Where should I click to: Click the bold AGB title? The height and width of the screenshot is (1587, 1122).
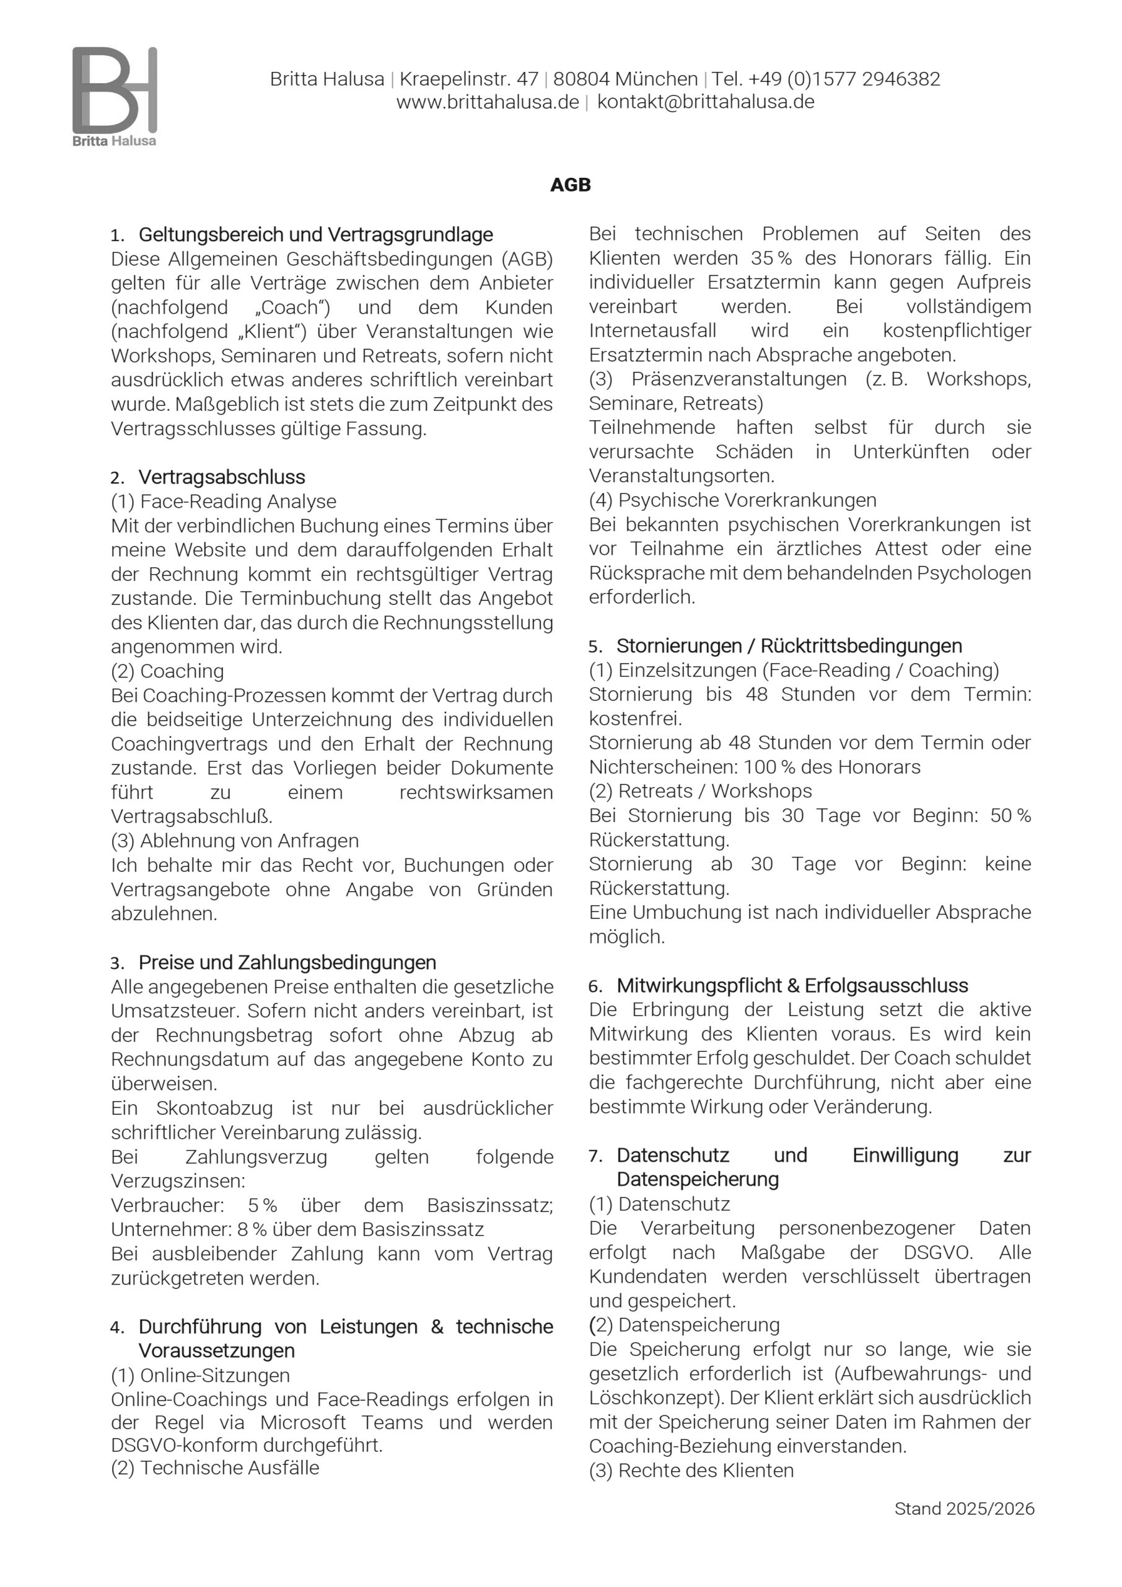coord(570,185)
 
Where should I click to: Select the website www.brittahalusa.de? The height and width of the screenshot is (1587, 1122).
coord(487,102)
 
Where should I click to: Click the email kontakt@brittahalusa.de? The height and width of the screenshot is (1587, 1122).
coord(706,102)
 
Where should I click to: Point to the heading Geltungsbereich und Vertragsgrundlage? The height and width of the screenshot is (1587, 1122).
coord(316,235)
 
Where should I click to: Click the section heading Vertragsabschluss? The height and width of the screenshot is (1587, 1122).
coord(222,477)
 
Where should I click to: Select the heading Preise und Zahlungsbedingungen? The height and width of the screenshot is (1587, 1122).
coord(287,962)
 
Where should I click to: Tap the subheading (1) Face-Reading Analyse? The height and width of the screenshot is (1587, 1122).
coord(224,501)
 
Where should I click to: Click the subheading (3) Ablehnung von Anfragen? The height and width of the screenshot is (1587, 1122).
coord(235,841)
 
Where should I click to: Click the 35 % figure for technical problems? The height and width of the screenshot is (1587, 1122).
coord(771,259)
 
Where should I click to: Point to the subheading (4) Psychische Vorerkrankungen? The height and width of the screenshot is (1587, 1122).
coord(732,500)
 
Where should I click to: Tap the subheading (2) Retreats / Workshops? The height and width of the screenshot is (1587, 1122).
coord(701,791)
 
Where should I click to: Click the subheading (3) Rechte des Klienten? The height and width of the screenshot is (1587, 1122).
coord(691,1470)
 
